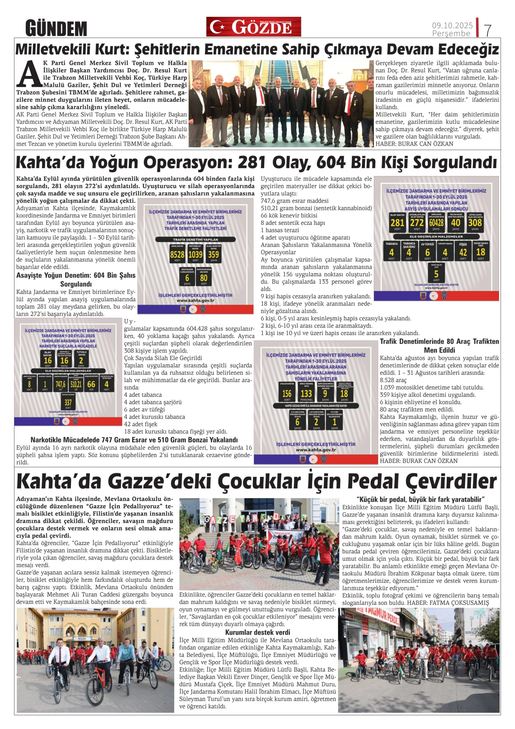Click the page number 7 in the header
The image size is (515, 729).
point(488,30)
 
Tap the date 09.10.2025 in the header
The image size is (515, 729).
point(452,25)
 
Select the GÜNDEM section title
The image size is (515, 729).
point(56,28)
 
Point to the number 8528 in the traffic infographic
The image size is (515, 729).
point(177,254)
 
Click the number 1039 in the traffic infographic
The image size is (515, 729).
point(195,254)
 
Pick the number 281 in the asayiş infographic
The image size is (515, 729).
point(397,223)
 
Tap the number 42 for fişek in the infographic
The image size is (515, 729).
point(463,252)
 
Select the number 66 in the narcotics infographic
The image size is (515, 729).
point(91,384)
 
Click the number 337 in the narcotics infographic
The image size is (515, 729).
point(68,402)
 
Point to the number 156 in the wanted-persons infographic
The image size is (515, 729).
point(287,394)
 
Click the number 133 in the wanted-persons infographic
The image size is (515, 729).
point(306,394)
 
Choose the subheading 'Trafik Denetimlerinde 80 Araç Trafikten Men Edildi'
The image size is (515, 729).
point(439,346)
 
